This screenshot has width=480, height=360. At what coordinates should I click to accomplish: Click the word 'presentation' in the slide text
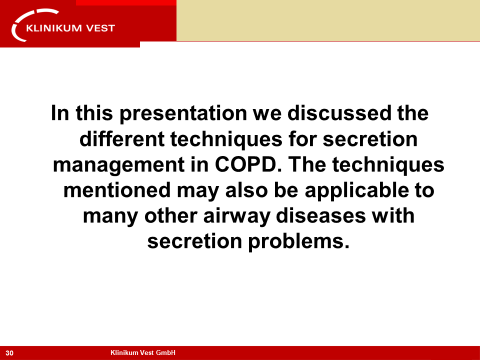tap(183, 114)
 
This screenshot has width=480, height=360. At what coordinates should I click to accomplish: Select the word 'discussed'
tap(339, 113)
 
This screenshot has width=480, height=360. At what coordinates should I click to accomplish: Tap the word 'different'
tap(122, 139)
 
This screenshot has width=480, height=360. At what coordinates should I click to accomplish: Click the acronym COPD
tap(248, 164)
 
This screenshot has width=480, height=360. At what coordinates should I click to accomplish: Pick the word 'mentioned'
tap(117, 190)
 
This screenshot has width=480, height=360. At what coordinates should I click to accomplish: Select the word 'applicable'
tap(356, 191)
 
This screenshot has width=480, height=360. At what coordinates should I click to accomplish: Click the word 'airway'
tap(236, 216)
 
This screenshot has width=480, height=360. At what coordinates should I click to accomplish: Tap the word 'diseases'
tap(321, 215)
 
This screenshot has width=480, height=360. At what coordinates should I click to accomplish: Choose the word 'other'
tap(171, 215)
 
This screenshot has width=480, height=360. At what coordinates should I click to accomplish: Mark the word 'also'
tap(246, 190)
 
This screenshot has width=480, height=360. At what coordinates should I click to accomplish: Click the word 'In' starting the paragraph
tap(60, 113)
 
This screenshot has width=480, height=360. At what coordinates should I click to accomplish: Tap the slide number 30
tap(9, 353)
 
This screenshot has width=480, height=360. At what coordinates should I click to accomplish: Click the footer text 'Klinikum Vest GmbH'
tap(143, 352)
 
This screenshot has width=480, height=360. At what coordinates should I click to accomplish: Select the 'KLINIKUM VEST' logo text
tap(70, 28)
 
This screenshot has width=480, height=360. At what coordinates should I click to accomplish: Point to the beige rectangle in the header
tap(328, 20)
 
